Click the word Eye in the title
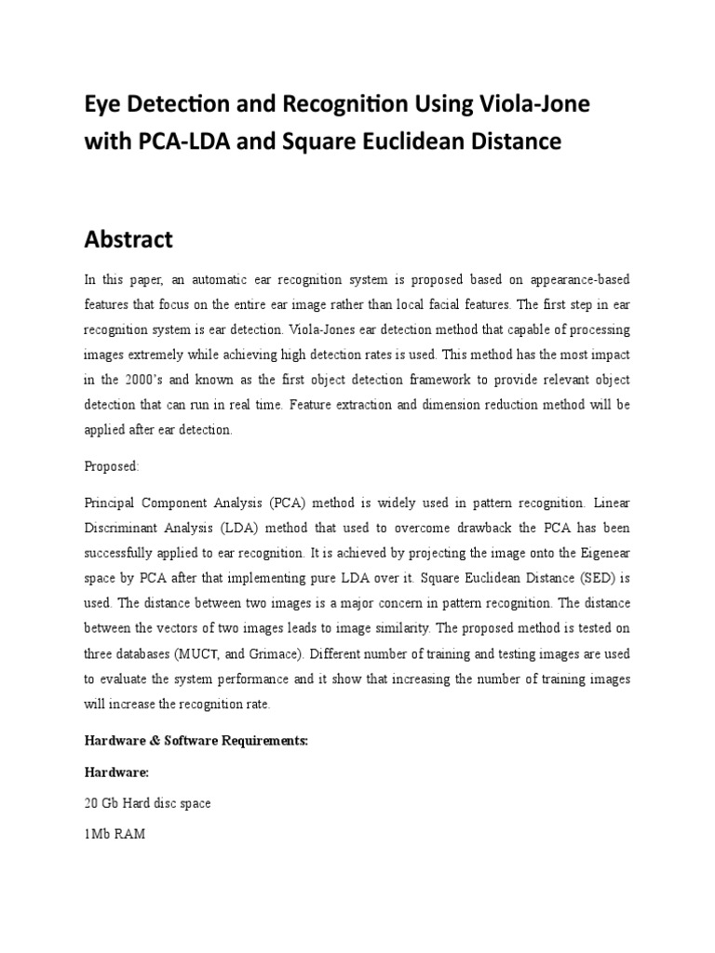pos(103,106)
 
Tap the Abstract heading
pos(128,239)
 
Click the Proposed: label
pos(111,464)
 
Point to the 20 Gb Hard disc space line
pos(147,802)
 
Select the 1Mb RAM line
pos(114,835)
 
